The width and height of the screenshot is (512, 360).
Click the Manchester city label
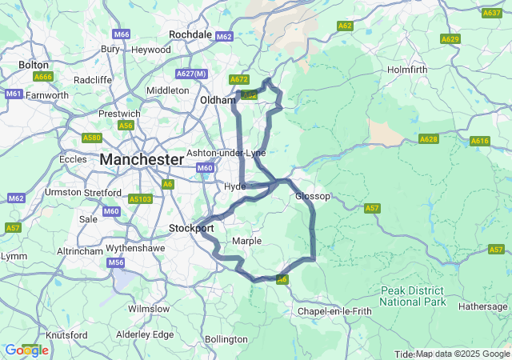point(142,160)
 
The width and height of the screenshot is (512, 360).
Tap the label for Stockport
point(191,228)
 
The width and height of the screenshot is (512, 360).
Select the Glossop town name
point(312,196)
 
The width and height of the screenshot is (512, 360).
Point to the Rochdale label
point(190,34)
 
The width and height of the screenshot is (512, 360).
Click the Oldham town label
point(217,100)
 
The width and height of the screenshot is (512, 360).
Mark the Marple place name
point(246,241)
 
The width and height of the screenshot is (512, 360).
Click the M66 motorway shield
point(122,34)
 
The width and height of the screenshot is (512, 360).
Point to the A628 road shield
point(429,139)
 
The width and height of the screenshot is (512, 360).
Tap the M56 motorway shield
point(117,262)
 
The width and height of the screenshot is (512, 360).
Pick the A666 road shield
point(42,76)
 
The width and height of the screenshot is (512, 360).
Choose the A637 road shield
point(492,13)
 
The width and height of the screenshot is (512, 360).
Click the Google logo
point(26,350)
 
